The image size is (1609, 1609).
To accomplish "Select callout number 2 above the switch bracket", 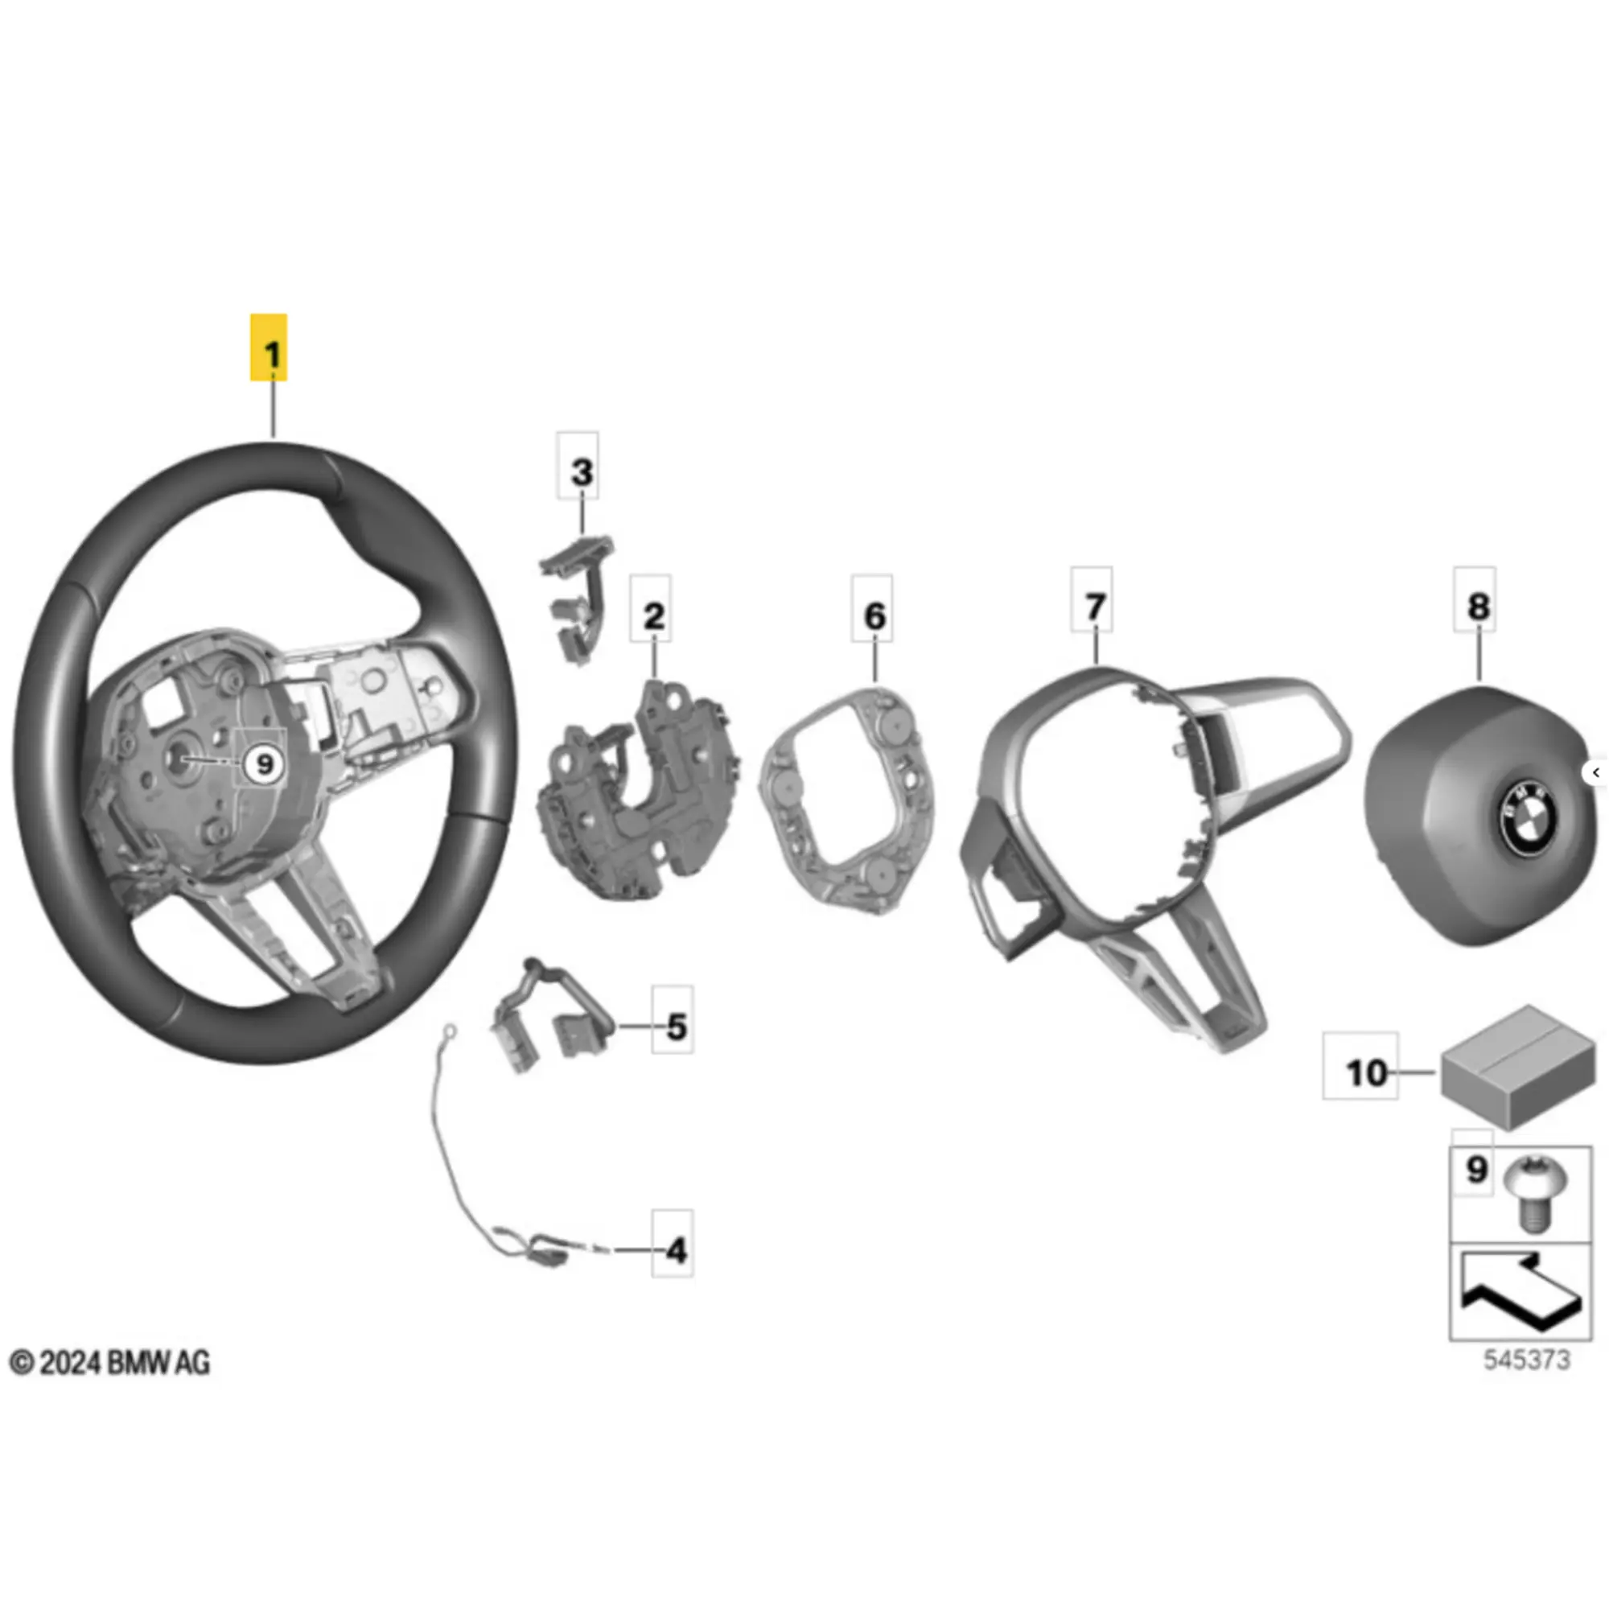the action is [x=654, y=616].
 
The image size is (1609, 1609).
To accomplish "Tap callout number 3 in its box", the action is [x=582, y=472].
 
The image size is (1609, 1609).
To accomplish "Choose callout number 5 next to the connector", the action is [x=677, y=1027].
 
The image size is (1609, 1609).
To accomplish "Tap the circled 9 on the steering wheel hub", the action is [x=264, y=763].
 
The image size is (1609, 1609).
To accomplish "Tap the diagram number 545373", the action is [x=1527, y=1383].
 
